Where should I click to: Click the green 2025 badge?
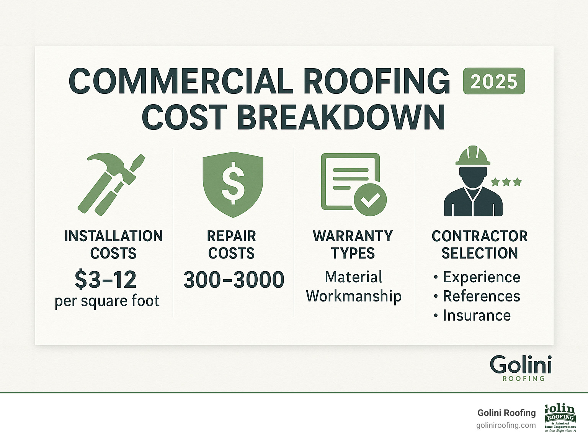(494, 81)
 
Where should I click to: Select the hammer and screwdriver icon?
(111, 184)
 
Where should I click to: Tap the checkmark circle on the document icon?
(370, 200)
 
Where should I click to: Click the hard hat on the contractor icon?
(473, 156)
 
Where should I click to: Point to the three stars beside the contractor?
(506, 182)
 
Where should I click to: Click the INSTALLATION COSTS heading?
(113, 244)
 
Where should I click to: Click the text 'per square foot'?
(107, 301)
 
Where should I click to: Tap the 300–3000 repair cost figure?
(234, 280)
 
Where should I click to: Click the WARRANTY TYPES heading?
(353, 244)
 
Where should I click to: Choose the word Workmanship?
(354, 296)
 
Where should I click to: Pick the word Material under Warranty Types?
(353, 277)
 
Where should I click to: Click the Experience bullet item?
(481, 277)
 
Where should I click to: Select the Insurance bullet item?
(477, 315)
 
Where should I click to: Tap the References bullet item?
(481, 296)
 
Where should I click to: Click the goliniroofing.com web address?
(506, 426)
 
